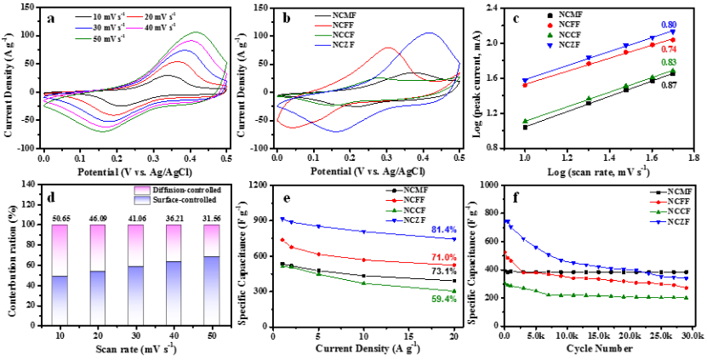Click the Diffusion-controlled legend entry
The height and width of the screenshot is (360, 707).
point(159,191)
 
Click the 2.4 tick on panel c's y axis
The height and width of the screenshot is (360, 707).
point(491,7)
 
